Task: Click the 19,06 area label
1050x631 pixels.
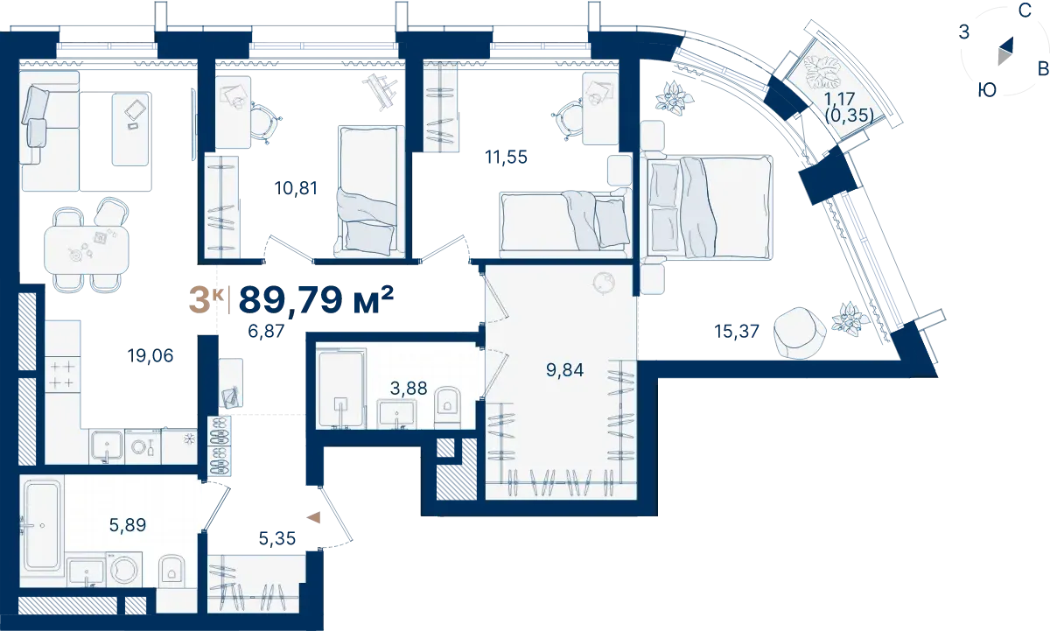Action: point(150,356)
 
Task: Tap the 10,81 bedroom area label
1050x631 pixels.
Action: point(296,188)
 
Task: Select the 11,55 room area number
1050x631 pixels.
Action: point(506,157)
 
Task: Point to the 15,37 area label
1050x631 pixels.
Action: point(737,332)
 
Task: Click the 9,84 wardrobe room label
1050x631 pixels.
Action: point(565,370)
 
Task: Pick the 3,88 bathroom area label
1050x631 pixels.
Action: point(409,389)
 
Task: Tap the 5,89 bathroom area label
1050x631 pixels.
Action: point(128,525)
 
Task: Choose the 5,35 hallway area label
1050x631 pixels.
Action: point(277,538)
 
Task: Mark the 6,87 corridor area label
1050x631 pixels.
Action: point(266,332)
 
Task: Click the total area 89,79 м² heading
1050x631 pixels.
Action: point(316,299)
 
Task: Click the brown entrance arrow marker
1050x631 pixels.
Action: point(313,517)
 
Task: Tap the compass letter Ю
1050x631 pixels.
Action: point(987,89)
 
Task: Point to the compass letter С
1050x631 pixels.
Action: point(1025,11)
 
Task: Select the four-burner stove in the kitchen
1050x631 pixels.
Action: point(62,375)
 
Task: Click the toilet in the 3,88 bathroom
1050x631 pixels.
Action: point(448,407)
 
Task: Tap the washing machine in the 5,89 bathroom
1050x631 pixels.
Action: point(124,569)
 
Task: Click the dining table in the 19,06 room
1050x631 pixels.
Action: point(87,251)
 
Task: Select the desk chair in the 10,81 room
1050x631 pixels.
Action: point(265,123)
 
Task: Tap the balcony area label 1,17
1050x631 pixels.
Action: point(839,99)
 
